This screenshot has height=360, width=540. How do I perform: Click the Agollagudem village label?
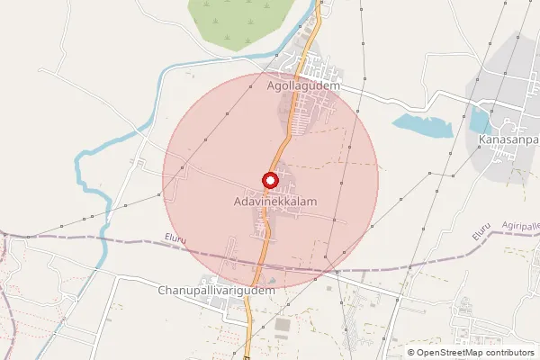click(x=302, y=85)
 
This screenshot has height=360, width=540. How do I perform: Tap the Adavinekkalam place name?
click(x=269, y=203)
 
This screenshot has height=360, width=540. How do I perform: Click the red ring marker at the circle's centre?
click(x=269, y=180)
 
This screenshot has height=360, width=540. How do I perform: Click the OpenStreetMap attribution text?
click(x=475, y=353)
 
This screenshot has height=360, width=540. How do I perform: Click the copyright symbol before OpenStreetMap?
click(x=411, y=353)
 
